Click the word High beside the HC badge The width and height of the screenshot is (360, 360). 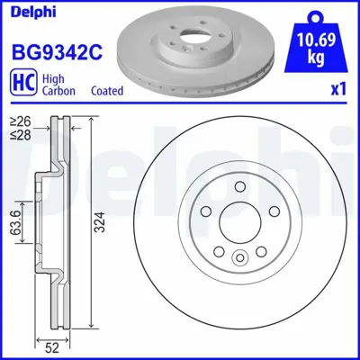(52, 77)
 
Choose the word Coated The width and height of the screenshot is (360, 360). (107, 90)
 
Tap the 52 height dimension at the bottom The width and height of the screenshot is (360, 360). (52, 346)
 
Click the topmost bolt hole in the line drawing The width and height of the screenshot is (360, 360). (239, 188)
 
